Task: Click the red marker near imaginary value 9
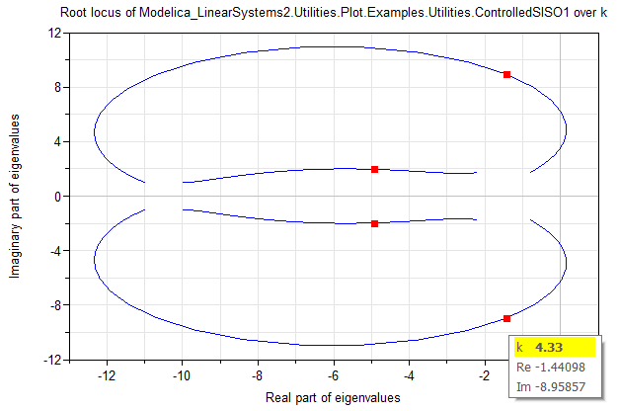point(506,74)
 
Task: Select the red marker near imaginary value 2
point(374,169)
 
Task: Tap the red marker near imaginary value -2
point(374,223)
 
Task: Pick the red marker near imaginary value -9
point(506,318)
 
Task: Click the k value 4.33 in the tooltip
point(547,347)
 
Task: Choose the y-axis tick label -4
point(55,251)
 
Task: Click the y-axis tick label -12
point(52,360)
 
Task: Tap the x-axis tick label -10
point(182,376)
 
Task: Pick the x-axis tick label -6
point(333,376)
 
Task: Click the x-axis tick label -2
point(484,376)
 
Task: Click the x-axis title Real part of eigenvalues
point(333,397)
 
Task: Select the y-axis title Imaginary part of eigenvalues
point(15,196)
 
